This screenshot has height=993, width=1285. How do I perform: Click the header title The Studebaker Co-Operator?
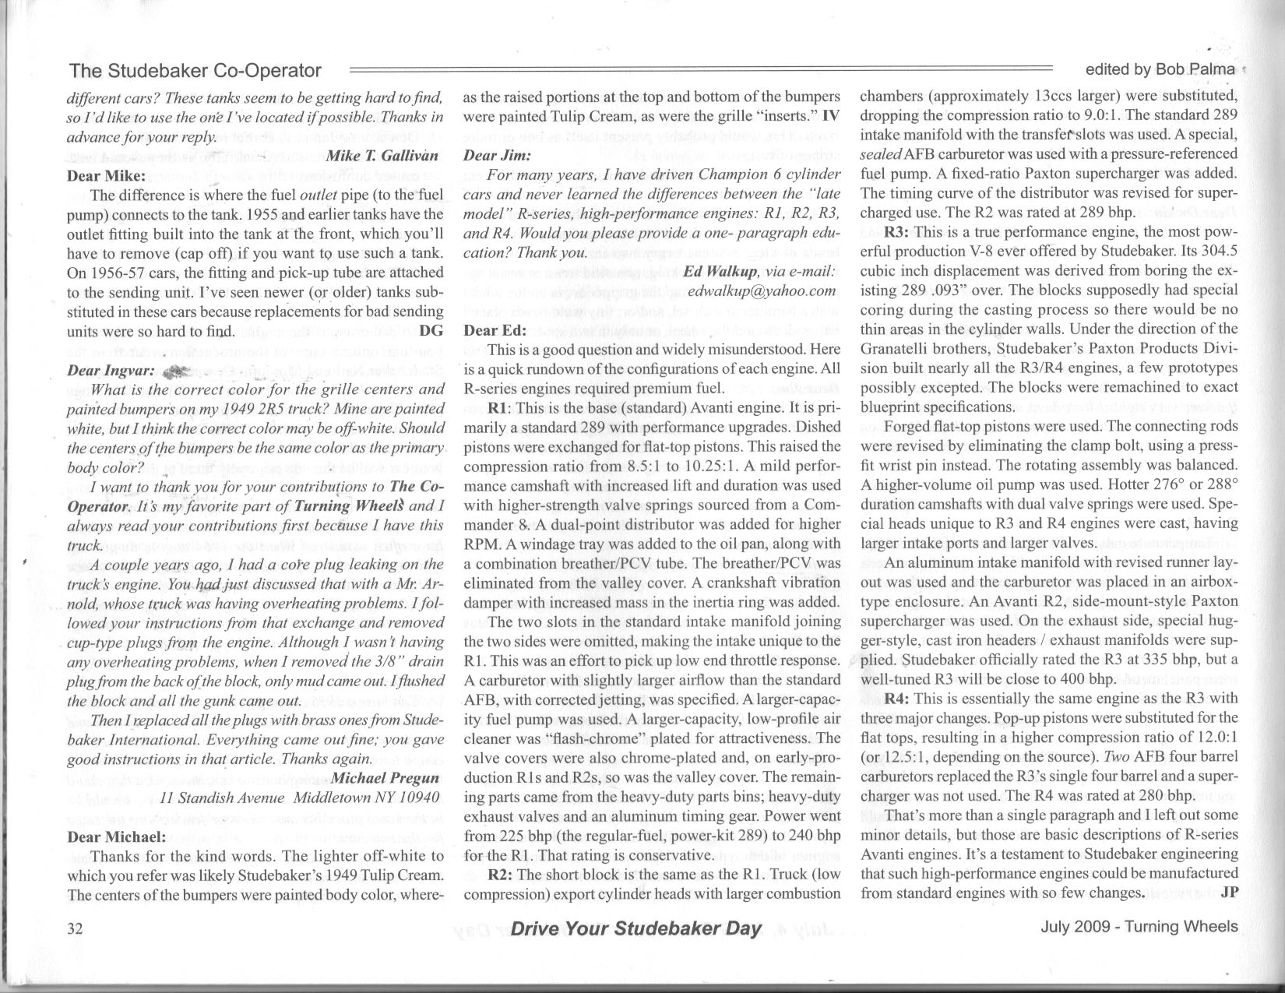[x=195, y=71]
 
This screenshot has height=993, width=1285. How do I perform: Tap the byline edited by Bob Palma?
[x=1160, y=69]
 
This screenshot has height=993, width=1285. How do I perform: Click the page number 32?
[x=76, y=928]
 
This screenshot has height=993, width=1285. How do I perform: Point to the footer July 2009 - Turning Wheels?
[x=1139, y=927]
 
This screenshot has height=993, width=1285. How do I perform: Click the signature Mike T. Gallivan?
[x=382, y=155]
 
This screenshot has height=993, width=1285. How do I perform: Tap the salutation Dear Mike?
[x=107, y=175]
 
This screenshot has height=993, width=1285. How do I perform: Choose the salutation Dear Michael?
[x=117, y=836]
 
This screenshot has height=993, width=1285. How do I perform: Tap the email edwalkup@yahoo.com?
[x=762, y=291]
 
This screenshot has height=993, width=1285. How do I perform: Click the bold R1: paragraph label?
[x=500, y=407]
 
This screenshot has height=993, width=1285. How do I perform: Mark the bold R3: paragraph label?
[x=897, y=232]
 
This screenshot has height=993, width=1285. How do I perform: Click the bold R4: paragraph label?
[x=897, y=698]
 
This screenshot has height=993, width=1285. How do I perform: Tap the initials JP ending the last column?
[x=1229, y=893]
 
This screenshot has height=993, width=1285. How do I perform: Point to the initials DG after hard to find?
[x=431, y=330]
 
